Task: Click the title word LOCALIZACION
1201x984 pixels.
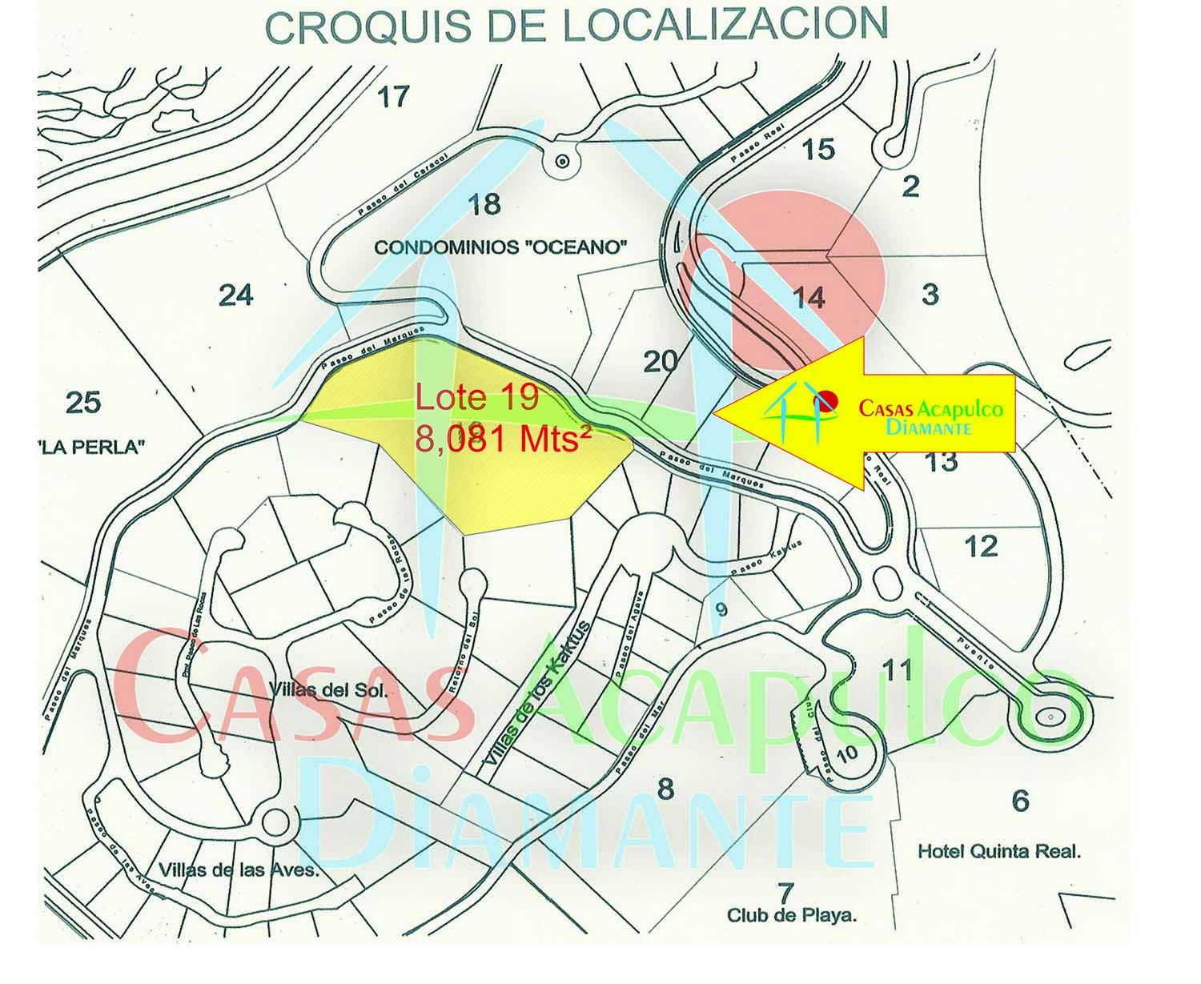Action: (x=725, y=25)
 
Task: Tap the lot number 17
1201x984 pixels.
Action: (x=393, y=98)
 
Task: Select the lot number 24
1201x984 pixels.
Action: (x=236, y=295)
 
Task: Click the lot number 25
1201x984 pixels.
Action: (x=83, y=402)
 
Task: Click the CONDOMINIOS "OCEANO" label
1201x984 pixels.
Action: (x=500, y=247)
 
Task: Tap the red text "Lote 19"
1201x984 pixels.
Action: (x=477, y=398)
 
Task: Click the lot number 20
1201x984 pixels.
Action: (x=661, y=362)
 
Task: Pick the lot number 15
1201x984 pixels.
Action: (x=818, y=149)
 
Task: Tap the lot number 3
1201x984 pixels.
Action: (x=930, y=295)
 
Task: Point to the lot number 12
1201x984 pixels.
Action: (x=981, y=546)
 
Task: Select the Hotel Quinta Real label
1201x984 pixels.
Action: (x=999, y=851)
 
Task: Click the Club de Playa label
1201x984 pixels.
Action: (x=791, y=914)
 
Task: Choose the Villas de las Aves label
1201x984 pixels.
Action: (x=239, y=870)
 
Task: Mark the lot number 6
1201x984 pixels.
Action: (x=1020, y=801)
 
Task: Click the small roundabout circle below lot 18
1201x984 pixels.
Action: (x=562, y=161)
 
